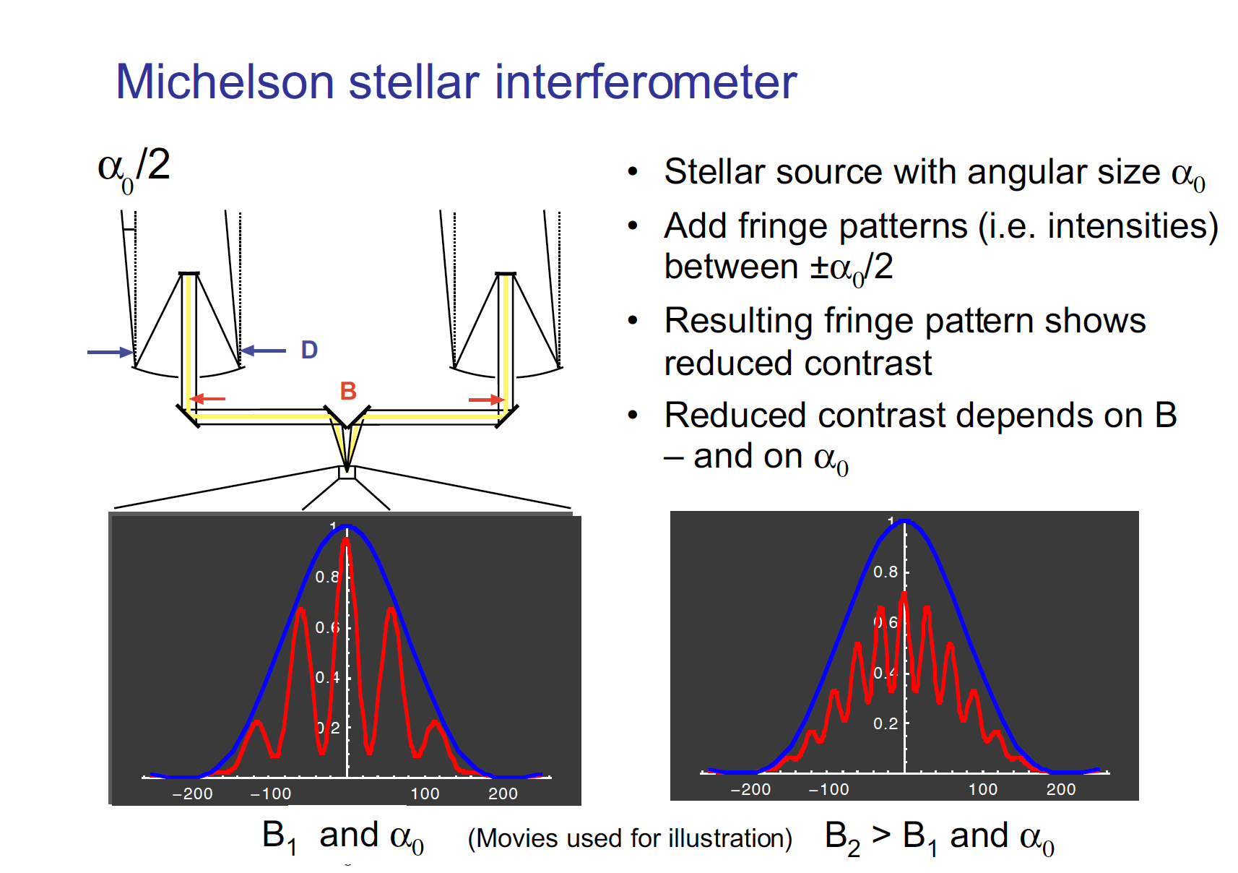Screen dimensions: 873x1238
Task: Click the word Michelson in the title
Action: (x=225, y=82)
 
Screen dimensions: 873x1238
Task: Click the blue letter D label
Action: (x=309, y=351)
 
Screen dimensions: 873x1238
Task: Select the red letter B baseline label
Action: (x=348, y=391)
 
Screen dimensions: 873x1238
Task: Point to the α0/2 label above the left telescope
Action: (x=134, y=168)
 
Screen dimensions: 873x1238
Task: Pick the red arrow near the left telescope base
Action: (x=207, y=398)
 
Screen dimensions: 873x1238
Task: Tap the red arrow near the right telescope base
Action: (x=486, y=400)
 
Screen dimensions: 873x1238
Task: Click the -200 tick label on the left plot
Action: (x=192, y=794)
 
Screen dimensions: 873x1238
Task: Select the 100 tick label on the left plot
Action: (x=425, y=794)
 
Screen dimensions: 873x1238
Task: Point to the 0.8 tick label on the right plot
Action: (x=886, y=572)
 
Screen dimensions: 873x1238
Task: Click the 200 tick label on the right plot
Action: (x=1061, y=789)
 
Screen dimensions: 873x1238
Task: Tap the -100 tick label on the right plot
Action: (x=828, y=789)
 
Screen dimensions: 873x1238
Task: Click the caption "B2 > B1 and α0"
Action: (x=939, y=837)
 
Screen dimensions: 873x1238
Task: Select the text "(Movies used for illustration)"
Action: (x=630, y=838)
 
